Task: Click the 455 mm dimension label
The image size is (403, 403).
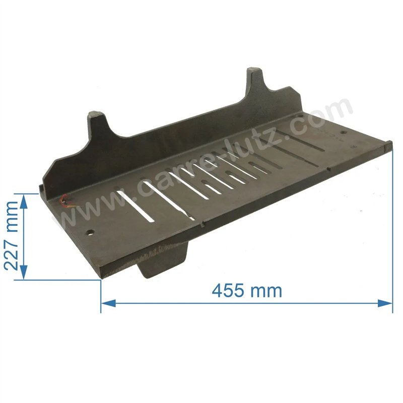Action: point(247,291)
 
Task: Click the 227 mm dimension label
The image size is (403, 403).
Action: point(12,236)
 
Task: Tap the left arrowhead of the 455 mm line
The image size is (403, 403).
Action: point(108,303)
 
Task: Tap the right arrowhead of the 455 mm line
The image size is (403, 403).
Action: point(385,303)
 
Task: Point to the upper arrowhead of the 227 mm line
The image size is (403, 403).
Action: point(23,201)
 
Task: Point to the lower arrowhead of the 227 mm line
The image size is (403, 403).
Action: point(23,273)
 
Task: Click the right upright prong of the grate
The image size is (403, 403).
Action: point(255,80)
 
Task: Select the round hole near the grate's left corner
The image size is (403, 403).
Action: point(90,233)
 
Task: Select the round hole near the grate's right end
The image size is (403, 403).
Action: point(344,132)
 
